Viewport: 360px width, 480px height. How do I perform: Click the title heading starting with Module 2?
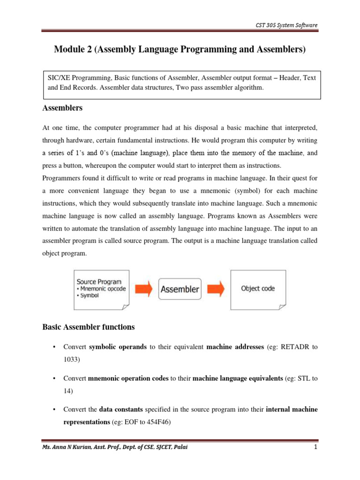tap(180, 49)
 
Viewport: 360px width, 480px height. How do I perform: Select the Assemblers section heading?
tap(62, 108)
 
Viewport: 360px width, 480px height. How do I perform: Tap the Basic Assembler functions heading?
tap(89, 327)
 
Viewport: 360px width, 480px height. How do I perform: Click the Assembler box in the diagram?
tap(180, 289)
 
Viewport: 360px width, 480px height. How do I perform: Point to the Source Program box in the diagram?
tap(101, 289)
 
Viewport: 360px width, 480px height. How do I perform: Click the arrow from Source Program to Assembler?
tap(143, 289)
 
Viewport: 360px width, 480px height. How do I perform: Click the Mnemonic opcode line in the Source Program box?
tap(102, 289)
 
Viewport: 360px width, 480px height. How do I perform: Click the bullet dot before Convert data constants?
tap(55, 410)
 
